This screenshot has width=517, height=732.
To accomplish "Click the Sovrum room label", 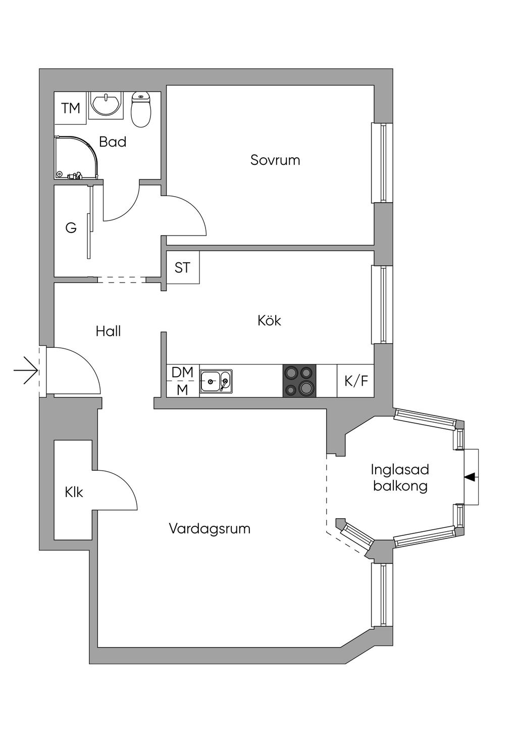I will (x=275, y=160).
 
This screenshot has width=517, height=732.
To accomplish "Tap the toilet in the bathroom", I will (x=141, y=109).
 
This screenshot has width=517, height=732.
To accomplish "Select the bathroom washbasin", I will (x=106, y=105).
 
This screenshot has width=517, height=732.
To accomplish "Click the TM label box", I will (x=71, y=108).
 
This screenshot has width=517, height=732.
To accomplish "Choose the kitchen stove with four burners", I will (x=299, y=380).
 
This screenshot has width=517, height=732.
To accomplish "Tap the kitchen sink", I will (x=216, y=381).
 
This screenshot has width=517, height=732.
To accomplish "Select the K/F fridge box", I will (x=356, y=381).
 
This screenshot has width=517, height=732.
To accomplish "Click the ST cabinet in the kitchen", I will (x=182, y=267).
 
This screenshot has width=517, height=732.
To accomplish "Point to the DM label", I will (x=182, y=372).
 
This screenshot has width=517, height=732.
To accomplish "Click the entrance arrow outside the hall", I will (x=26, y=371).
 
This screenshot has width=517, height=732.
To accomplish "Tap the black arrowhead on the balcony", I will (x=470, y=476).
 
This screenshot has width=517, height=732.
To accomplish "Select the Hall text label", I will (x=108, y=331).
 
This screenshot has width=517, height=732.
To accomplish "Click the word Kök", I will (x=269, y=321).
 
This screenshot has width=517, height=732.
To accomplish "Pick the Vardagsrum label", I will (x=210, y=529).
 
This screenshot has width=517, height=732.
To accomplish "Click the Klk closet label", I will (x=74, y=491).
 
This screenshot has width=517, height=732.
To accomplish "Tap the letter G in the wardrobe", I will (x=71, y=228).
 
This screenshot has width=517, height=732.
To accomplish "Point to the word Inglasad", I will (x=399, y=469).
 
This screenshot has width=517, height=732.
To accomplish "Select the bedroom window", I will (x=382, y=163).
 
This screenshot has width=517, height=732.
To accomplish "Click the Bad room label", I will (x=113, y=142).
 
